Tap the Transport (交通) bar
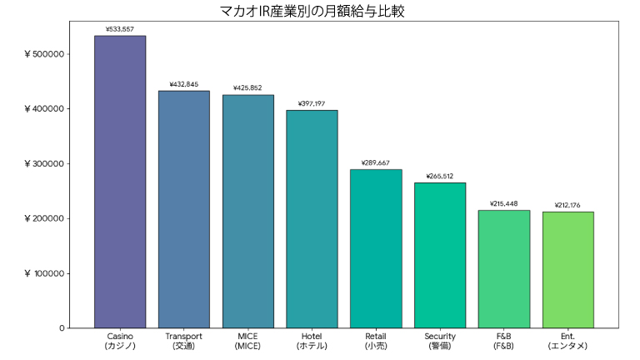(x=184, y=209)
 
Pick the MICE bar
(x=247, y=212)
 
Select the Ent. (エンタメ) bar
(x=567, y=270)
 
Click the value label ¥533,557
(x=120, y=29)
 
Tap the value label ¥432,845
(x=184, y=84)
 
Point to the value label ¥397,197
(x=312, y=104)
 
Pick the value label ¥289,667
(x=376, y=162)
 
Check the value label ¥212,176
(x=567, y=205)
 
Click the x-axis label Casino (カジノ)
(x=120, y=341)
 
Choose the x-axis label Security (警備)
(x=440, y=341)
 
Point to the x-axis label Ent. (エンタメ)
(x=567, y=341)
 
